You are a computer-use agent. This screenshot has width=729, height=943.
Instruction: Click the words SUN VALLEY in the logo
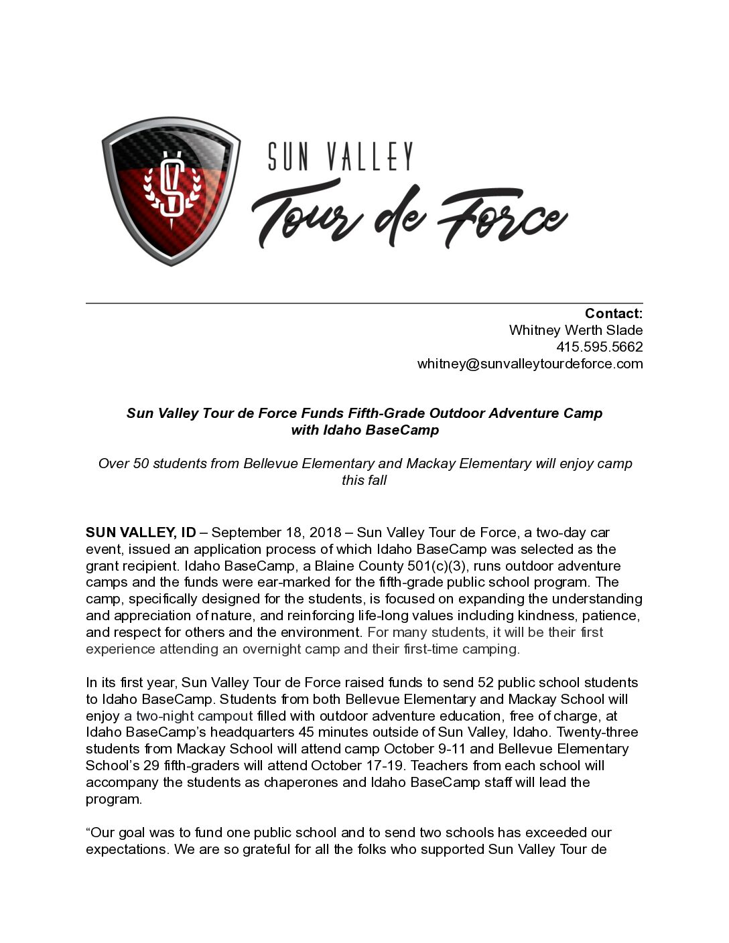pyautogui.click(x=340, y=156)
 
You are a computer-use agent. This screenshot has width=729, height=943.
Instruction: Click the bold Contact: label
pyautogui.click(x=613, y=313)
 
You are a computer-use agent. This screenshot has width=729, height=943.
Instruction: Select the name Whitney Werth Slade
pyautogui.click(x=576, y=330)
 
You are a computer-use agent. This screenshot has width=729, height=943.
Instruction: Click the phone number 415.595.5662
pyautogui.click(x=599, y=347)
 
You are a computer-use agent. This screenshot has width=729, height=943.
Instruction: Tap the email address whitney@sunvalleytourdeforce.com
pyautogui.click(x=529, y=364)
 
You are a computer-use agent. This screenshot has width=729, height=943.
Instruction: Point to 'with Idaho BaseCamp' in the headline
pyautogui.click(x=364, y=430)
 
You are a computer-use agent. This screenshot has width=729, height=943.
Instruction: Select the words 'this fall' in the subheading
pyautogui.click(x=364, y=480)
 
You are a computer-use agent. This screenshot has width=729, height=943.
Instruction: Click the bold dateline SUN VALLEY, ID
pyautogui.click(x=141, y=532)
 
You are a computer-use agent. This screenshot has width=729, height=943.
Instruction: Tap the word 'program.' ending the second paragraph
pyautogui.click(x=114, y=799)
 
